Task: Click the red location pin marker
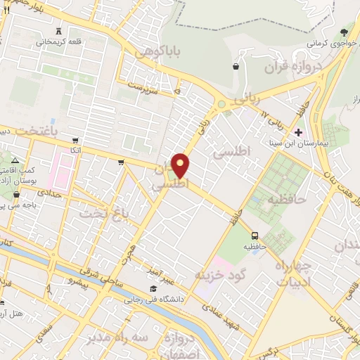[x=181, y=165]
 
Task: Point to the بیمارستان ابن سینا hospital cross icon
[x=299, y=132]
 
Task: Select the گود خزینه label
[x=218, y=272]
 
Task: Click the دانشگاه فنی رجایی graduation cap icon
[x=153, y=288]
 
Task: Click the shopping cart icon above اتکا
[x=75, y=140]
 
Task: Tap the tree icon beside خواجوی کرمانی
[x=344, y=32]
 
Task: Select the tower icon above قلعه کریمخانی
[x=58, y=30]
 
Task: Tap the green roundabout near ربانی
[x=221, y=105]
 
